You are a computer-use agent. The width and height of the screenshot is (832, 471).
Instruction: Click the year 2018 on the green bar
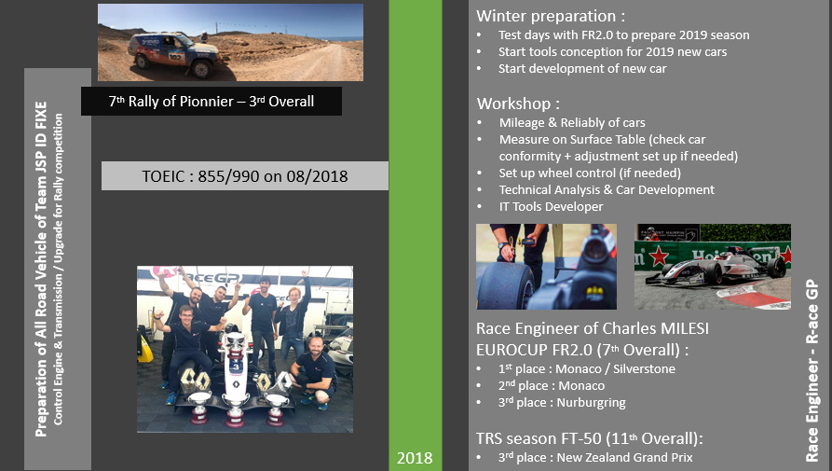point(415,458)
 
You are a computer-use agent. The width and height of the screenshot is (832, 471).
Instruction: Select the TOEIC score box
point(244,175)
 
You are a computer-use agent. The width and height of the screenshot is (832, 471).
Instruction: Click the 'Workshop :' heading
point(518,103)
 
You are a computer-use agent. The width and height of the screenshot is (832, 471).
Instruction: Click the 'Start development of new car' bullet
point(582,68)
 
